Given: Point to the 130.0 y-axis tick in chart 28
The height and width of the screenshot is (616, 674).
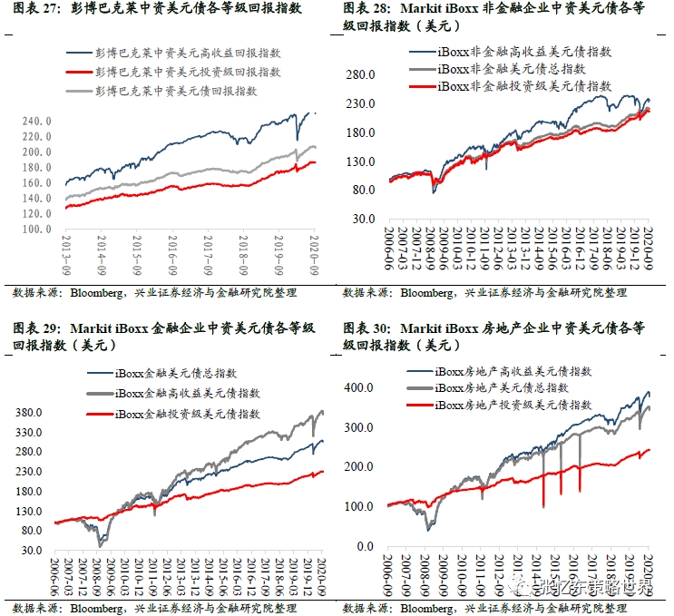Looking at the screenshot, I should [x=361, y=161].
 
